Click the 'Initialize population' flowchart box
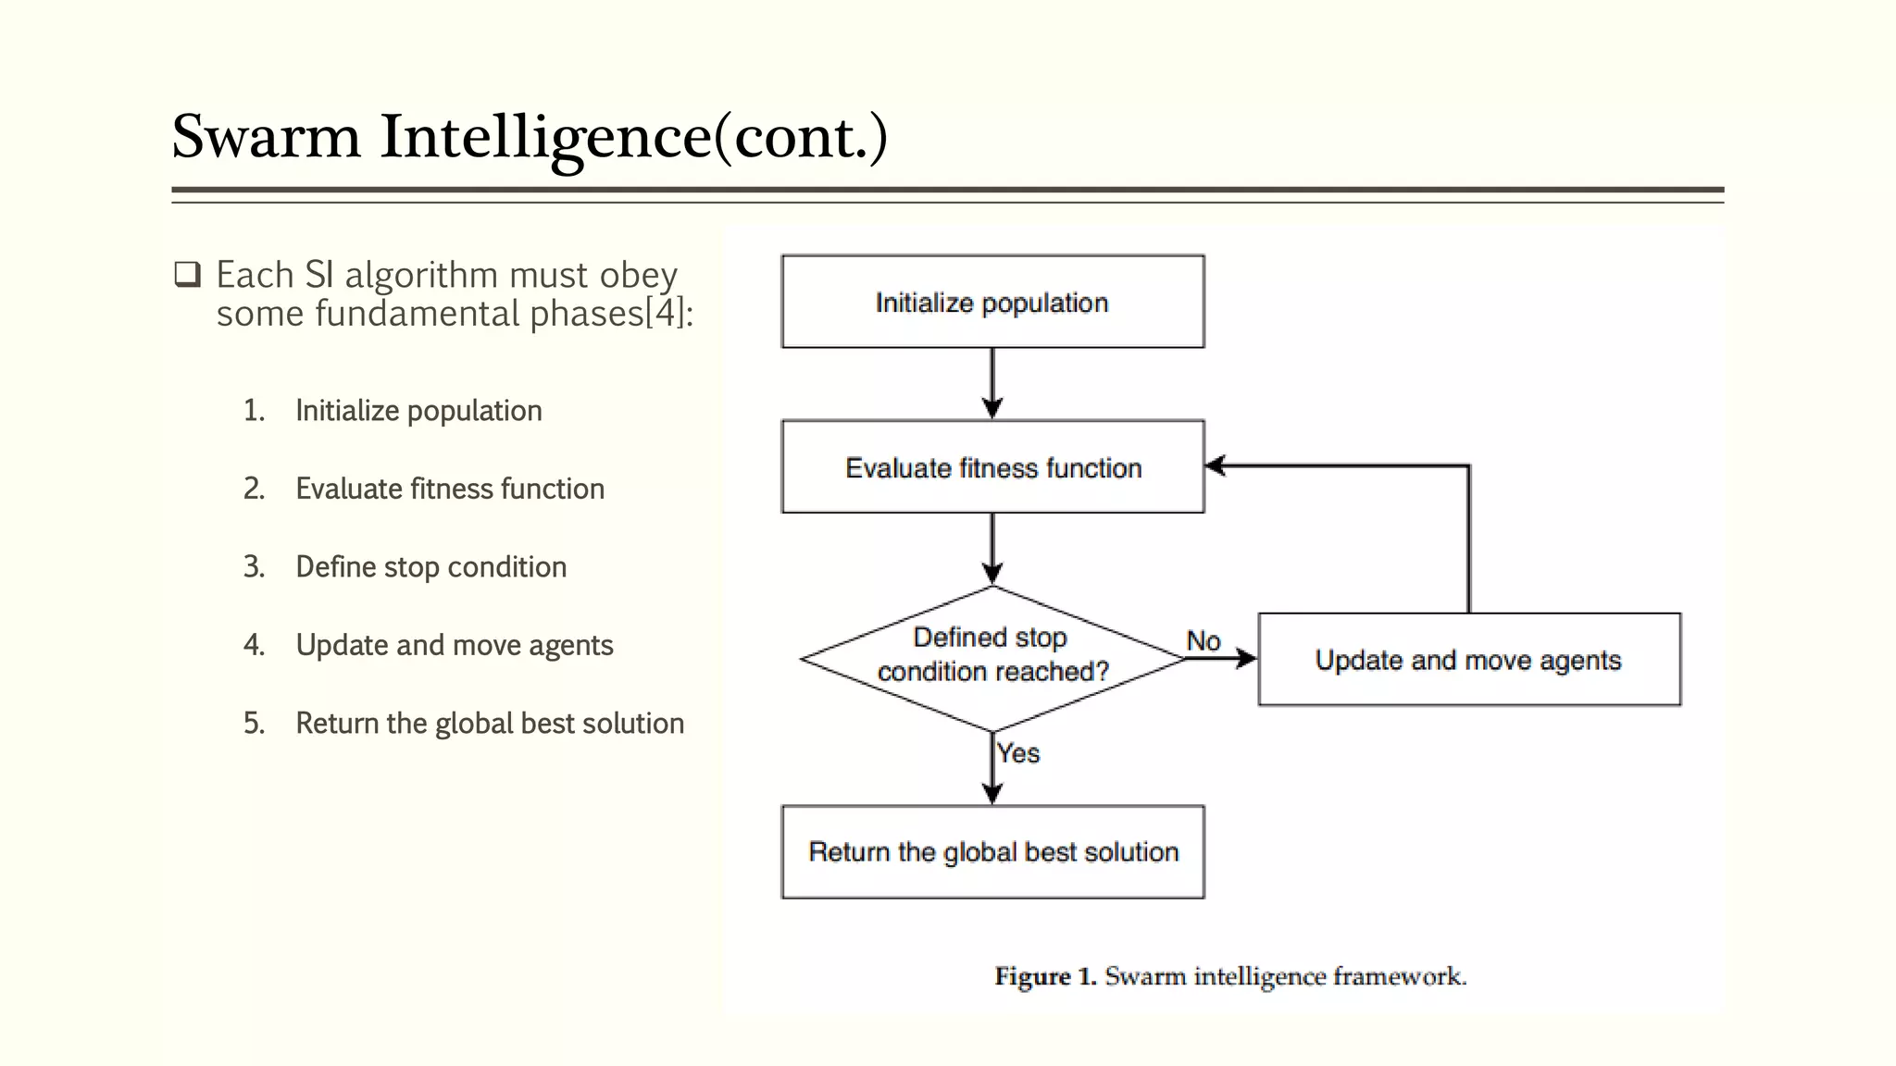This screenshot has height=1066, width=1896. coord(992,302)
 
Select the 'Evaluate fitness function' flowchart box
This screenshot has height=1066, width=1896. coord(992,467)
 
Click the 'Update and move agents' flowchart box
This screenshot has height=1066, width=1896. coord(1469,660)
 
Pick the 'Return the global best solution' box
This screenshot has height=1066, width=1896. coord(992,851)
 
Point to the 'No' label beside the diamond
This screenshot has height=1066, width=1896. coord(1203,640)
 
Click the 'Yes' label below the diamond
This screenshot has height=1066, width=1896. coord(1018,753)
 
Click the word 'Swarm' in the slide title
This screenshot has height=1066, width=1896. coord(267,137)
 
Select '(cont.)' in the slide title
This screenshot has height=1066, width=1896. coord(801,137)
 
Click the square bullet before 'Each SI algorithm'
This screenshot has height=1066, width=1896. coord(187,275)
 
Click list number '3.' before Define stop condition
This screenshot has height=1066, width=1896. coord(254,566)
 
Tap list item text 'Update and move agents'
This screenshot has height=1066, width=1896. coord(454,645)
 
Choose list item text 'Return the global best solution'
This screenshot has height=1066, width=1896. coord(490,723)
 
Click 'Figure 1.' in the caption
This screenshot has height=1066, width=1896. coord(1044,976)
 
